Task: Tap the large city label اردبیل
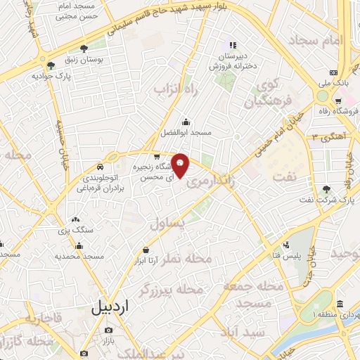110,307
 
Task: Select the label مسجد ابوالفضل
186,131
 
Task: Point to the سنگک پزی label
76,231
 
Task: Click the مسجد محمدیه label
79,256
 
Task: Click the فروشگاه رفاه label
337,110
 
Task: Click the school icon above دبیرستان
233,46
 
